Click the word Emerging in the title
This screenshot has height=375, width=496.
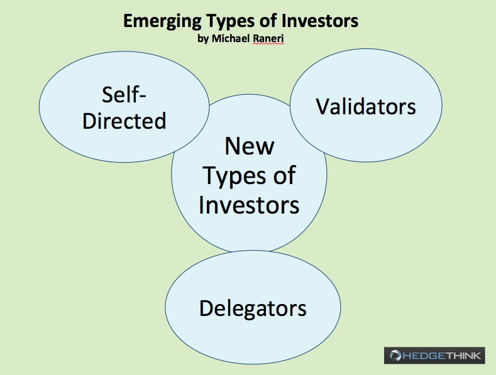[x=162, y=22]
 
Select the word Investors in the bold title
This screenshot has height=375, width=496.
[x=320, y=21]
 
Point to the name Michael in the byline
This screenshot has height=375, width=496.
[x=231, y=38]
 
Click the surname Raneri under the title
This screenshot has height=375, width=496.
[x=268, y=38]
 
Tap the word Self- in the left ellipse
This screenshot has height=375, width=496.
[x=124, y=94]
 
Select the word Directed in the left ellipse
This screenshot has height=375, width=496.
[x=124, y=121]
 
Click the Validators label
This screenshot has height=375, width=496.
[x=366, y=106]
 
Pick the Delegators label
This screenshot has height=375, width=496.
[x=253, y=308]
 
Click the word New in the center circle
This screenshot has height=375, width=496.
[x=250, y=146]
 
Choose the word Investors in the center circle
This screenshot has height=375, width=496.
[x=249, y=205]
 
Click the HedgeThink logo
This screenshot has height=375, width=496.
[x=434, y=356]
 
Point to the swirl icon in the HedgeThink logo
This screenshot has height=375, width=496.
[x=395, y=356]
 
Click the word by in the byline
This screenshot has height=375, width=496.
[x=203, y=38]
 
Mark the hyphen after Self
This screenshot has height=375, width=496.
[x=141, y=97]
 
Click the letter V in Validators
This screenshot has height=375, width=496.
[x=323, y=106]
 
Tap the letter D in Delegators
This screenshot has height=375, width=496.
[x=206, y=308]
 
